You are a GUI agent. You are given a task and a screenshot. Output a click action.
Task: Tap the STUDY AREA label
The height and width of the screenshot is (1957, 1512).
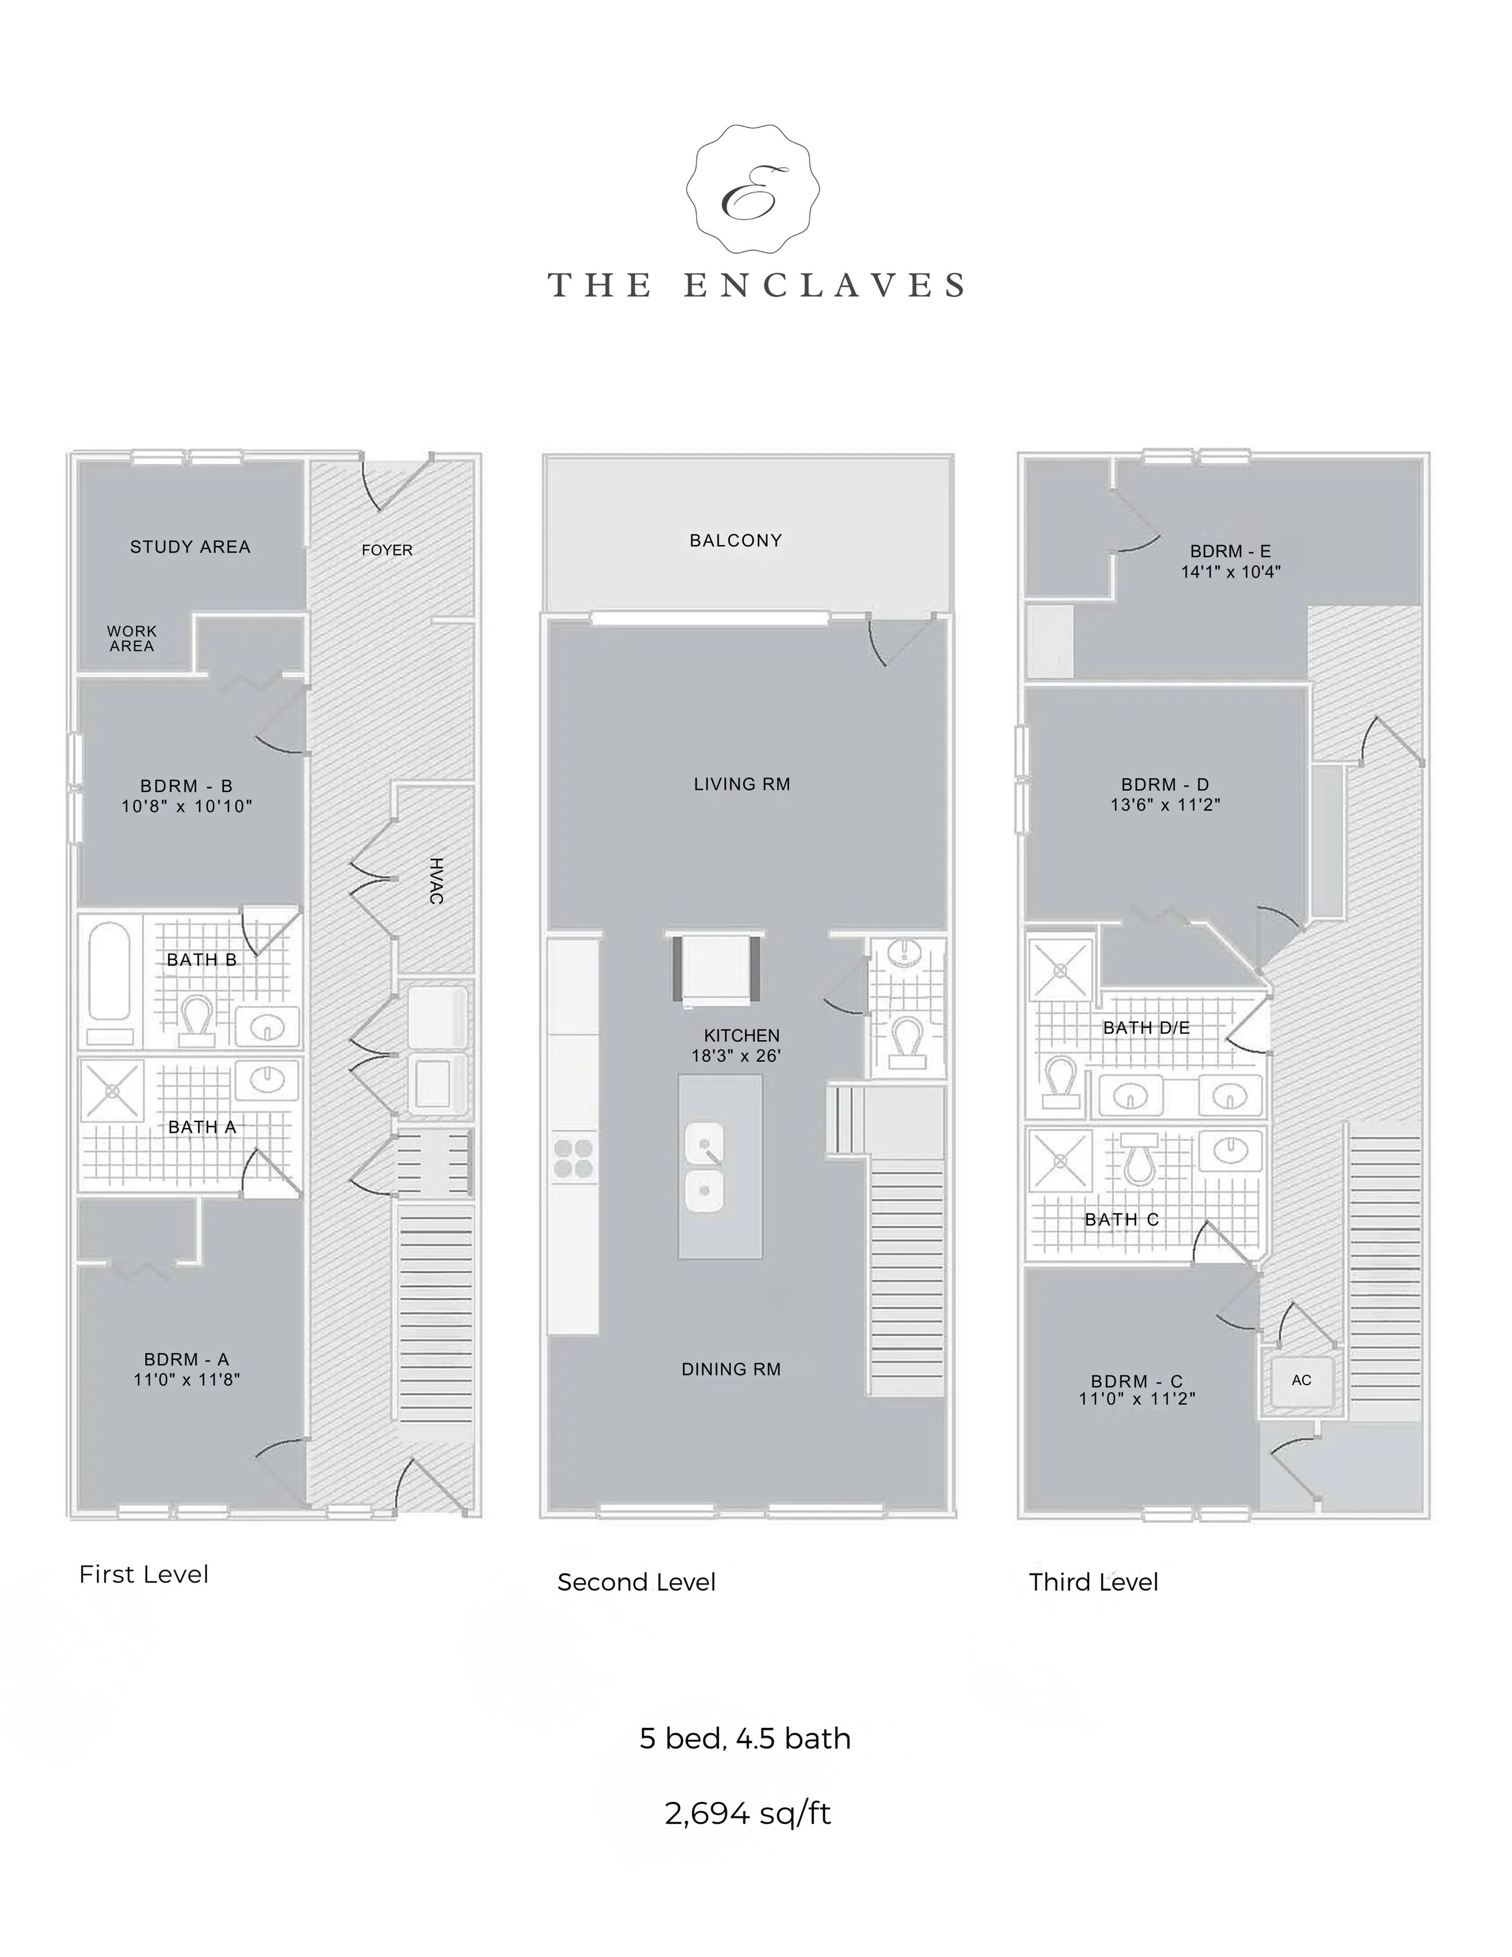pos(190,546)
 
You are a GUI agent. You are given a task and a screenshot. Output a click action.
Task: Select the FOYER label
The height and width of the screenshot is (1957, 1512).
pos(387,550)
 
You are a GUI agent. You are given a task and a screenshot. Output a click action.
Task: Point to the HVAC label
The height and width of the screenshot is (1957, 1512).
pos(436,881)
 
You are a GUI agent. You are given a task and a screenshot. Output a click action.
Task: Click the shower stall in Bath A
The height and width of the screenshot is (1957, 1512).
pos(112,1092)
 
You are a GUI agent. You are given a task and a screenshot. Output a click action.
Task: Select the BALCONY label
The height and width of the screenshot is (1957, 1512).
pos(735,540)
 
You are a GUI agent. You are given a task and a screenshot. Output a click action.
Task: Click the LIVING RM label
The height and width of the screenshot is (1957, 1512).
pos(742,784)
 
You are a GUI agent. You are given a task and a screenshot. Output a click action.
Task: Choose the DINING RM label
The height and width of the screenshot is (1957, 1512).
pos(731,1369)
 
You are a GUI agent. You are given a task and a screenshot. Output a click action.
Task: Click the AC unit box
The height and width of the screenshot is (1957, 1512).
pos(1302,1380)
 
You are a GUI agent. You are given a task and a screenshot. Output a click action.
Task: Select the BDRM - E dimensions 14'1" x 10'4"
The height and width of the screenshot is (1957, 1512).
pos(1231,571)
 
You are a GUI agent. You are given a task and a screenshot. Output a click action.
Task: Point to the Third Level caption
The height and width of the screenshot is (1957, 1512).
pos(1094,1582)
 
